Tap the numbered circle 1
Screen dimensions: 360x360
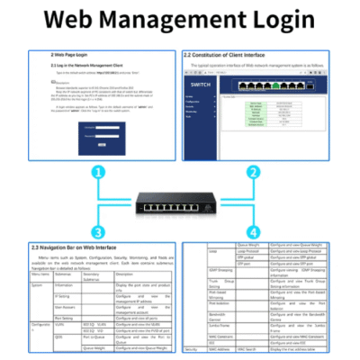(86, 172)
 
